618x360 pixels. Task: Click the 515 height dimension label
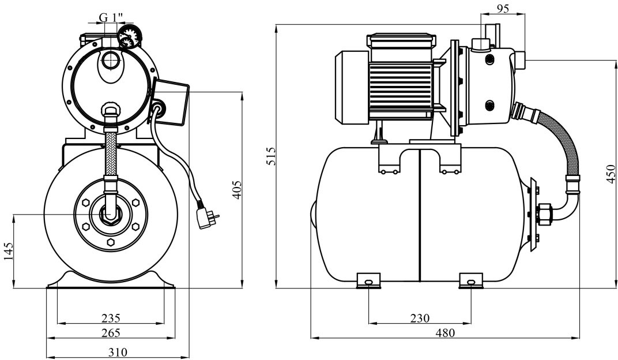[x=271, y=156]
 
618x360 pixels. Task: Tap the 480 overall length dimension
[x=445, y=333]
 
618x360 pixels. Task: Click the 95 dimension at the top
[x=503, y=9]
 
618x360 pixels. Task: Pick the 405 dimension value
[x=236, y=190]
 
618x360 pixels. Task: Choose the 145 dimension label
[x=9, y=251]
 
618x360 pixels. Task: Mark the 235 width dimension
[x=111, y=318]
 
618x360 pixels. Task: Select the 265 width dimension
[x=111, y=333]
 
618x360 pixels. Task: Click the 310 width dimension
[x=118, y=352]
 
